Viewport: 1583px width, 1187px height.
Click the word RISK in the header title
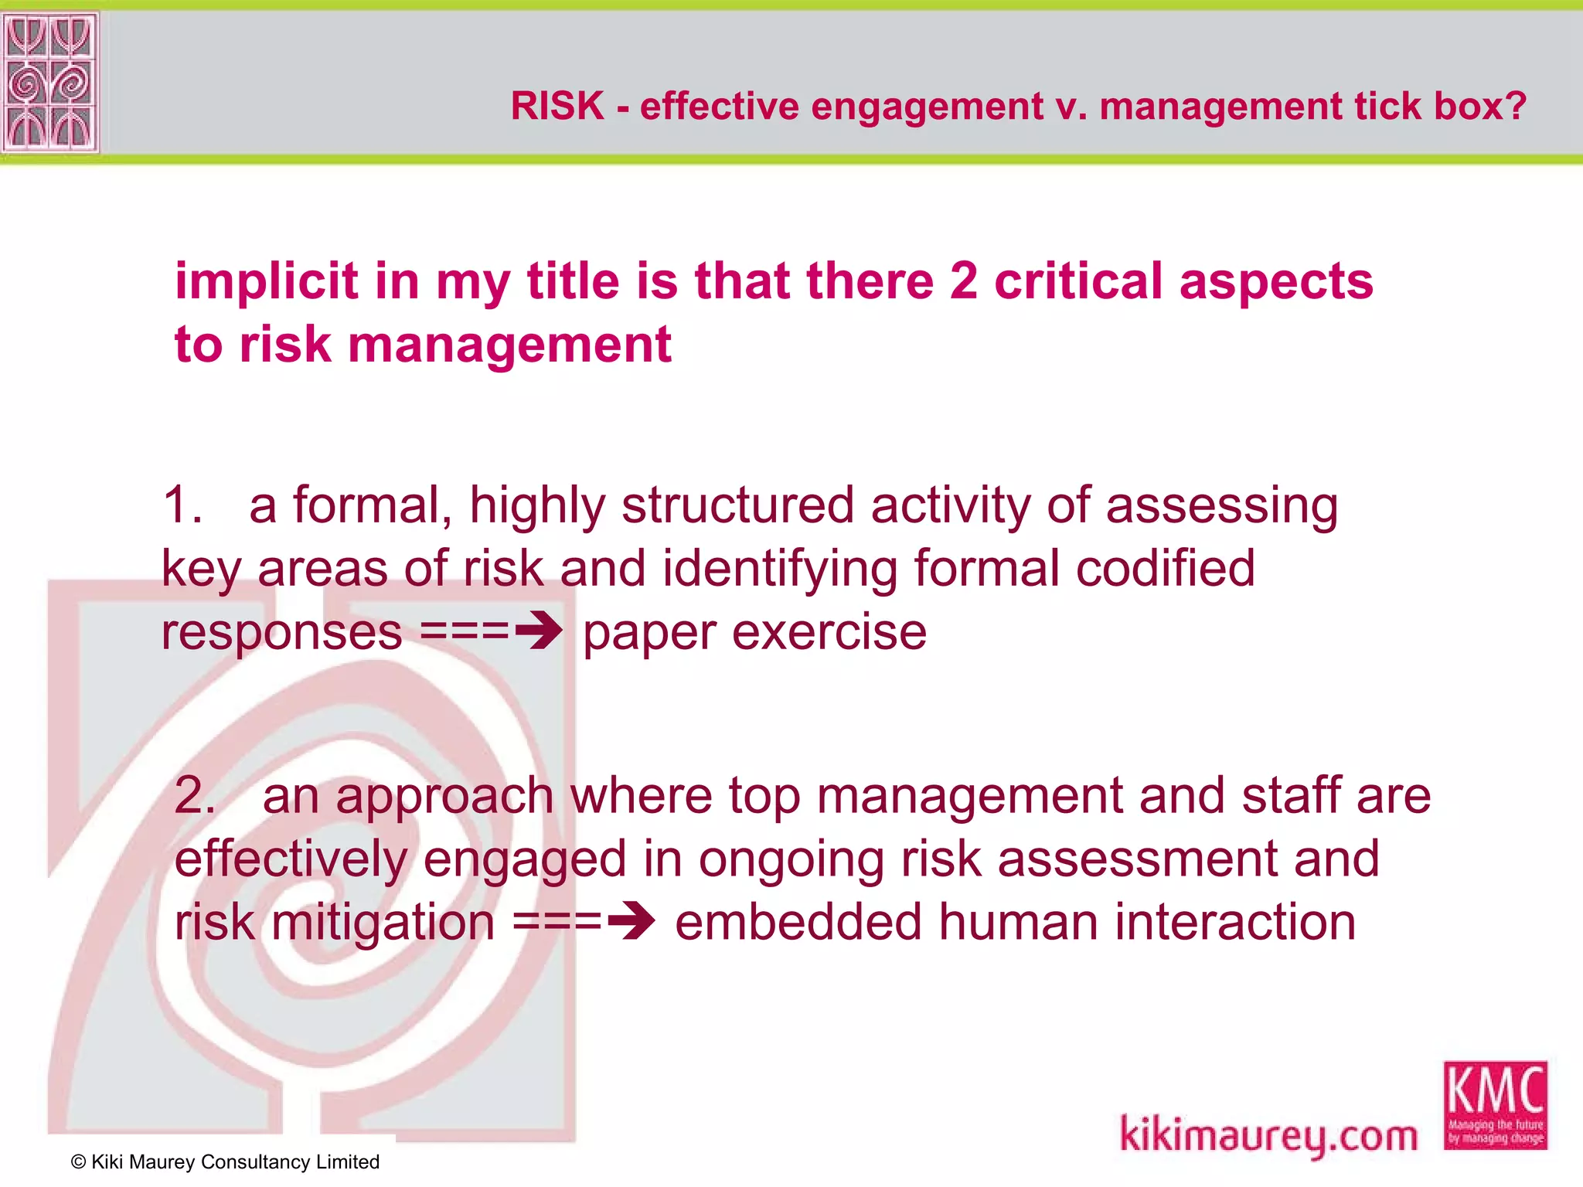(x=557, y=106)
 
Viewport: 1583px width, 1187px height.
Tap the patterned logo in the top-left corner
(x=50, y=81)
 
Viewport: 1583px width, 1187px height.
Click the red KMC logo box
(x=1495, y=1105)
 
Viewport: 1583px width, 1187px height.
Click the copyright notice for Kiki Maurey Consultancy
(x=225, y=1161)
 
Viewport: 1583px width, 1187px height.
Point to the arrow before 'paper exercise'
(x=539, y=631)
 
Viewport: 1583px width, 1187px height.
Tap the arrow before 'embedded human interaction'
(x=631, y=921)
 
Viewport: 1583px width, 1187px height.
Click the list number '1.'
(x=183, y=505)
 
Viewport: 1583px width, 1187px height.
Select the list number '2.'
(x=195, y=795)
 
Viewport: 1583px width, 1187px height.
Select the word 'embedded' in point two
(x=798, y=921)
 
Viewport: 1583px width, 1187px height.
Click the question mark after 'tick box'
(x=1517, y=106)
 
